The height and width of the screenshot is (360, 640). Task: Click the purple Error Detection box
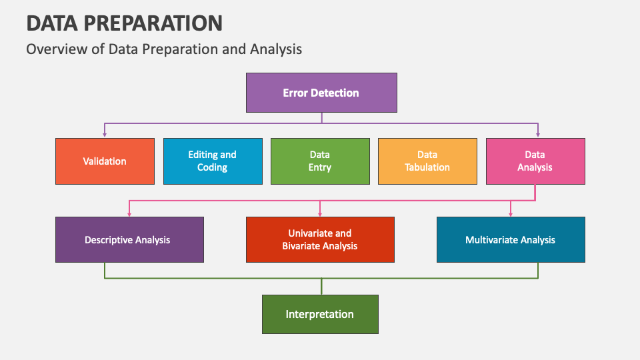[x=321, y=93]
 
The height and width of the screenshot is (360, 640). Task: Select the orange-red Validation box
[x=105, y=161]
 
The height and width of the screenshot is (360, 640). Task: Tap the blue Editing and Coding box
[x=212, y=161]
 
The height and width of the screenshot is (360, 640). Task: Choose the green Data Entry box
[x=320, y=161]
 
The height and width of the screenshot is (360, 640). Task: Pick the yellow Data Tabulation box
[x=427, y=161]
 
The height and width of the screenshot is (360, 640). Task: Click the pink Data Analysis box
[x=535, y=161]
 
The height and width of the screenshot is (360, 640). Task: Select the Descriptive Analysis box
[x=129, y=239]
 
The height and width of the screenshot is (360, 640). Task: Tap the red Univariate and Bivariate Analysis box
[x=320, y=239]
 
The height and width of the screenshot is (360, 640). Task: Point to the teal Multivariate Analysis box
[x=511, y=239]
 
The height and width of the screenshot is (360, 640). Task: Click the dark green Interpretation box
[x=320, y=314]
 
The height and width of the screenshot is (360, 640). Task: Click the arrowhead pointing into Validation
[x=105, y=134]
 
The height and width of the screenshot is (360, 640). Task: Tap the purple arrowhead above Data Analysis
[x=538, y=134]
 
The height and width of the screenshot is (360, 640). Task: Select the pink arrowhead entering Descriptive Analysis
[x=129, y=213]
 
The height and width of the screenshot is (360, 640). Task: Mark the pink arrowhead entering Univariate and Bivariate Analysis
[x=320, y=213]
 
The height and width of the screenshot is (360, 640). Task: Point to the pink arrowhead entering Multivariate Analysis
[x=511, y=213]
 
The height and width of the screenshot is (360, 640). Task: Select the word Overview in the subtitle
[x=54, y=49]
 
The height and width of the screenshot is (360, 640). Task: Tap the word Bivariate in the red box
[x=303, y=246]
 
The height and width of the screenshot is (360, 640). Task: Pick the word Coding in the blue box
[x=212, y=167]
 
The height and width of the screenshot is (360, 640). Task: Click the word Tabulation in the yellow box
[x=427, y=167]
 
